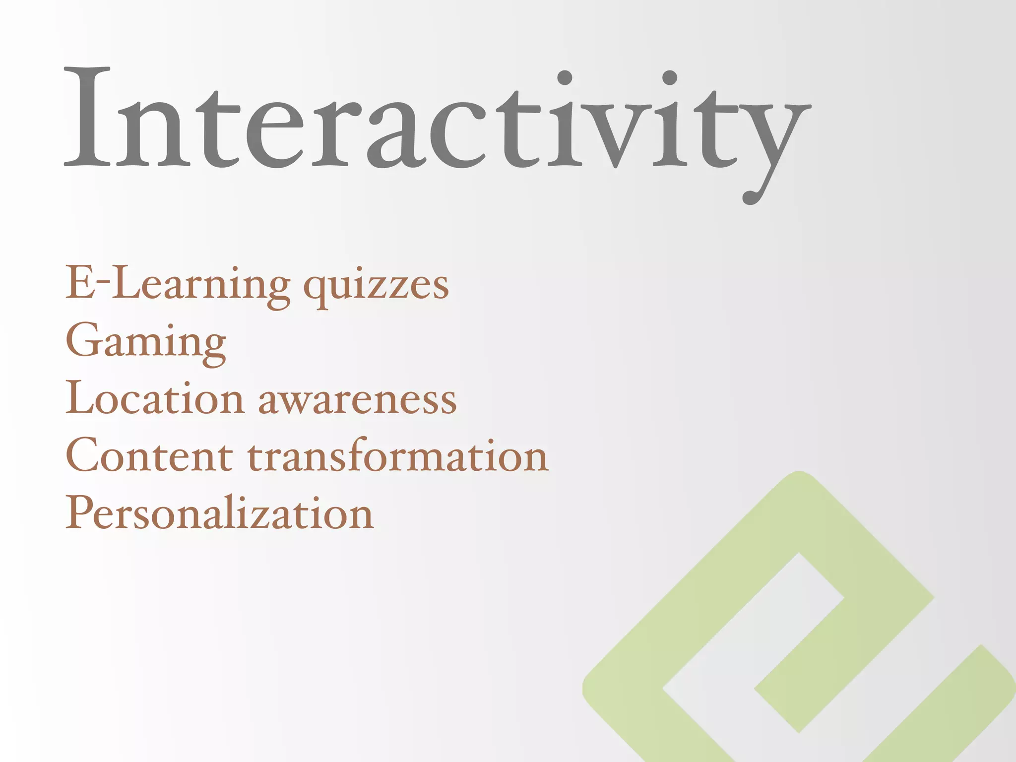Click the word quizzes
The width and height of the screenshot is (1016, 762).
[376, 288]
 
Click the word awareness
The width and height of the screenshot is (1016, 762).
[357, 401]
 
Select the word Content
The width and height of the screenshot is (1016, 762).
[149, 455]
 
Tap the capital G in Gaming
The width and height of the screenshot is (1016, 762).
[84, 340]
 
